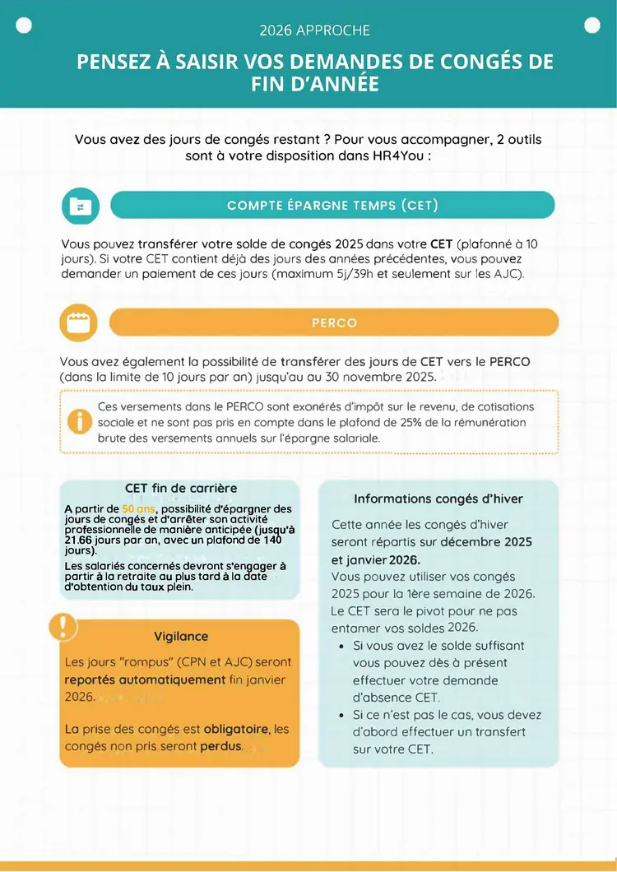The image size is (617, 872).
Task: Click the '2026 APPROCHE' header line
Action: (314, 30)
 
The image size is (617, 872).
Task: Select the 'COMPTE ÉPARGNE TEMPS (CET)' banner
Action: (332, 205)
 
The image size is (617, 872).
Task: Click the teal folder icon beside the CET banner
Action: (80, 206)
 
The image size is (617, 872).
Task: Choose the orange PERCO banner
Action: (334, 322)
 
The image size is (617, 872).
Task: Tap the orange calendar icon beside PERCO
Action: (78, 322)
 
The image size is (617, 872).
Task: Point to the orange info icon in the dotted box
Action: (80, 422)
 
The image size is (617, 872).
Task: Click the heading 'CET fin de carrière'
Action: (181, 488)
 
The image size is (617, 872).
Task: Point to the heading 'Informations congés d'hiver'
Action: (438, 499)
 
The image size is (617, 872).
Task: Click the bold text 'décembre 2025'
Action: (486, 541)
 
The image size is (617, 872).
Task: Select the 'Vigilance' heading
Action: (181, 636)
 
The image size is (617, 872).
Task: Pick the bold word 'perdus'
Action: (220, 746)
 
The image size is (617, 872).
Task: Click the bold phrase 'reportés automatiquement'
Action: (145, 680)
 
